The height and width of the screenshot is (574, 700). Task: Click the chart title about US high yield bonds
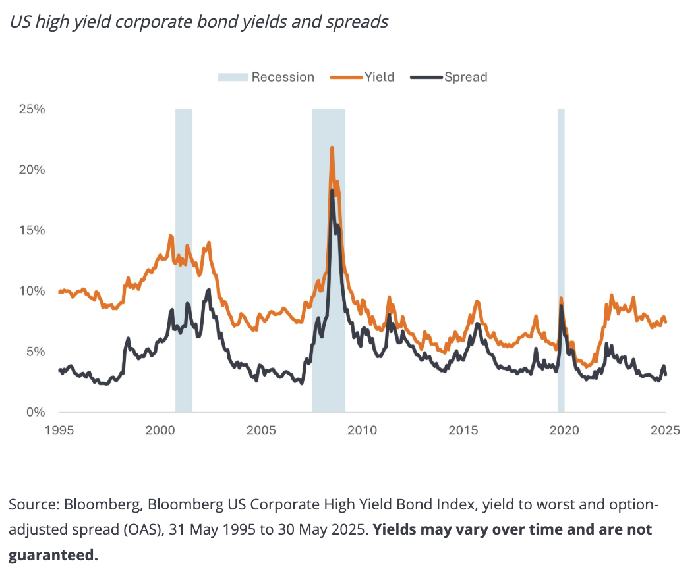coord(198,22)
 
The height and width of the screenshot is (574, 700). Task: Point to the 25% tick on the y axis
coord(31,109)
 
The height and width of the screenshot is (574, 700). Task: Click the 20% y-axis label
coord(31,169)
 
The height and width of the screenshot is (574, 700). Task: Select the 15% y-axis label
coord(31,230)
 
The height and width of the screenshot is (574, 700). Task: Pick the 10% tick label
coord(31,291)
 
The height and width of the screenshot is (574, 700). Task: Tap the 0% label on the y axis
coord(34,412)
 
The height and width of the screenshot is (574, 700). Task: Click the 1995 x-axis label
coord(59,430)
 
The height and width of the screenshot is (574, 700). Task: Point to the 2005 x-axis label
coord(261,430)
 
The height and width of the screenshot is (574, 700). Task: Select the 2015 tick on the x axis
coord(463,430)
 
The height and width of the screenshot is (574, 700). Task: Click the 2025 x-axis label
coord(665,430)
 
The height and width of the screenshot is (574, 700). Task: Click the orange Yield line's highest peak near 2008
coord(332,148)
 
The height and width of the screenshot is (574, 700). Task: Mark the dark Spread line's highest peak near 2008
coord(332,191)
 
